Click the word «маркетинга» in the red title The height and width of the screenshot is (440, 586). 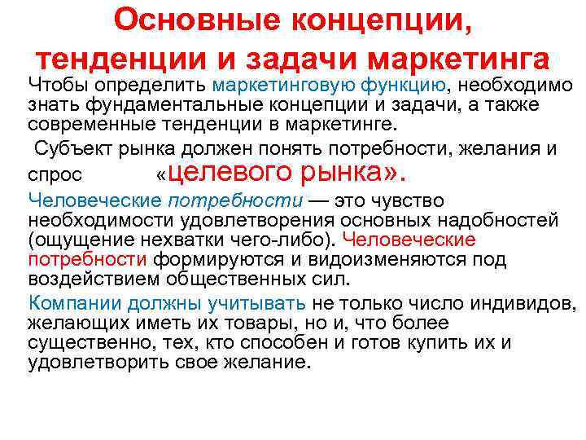tap(460, 59)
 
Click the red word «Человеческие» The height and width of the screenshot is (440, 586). tap(409, 240)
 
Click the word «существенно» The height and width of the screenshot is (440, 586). tap(90, 342)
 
